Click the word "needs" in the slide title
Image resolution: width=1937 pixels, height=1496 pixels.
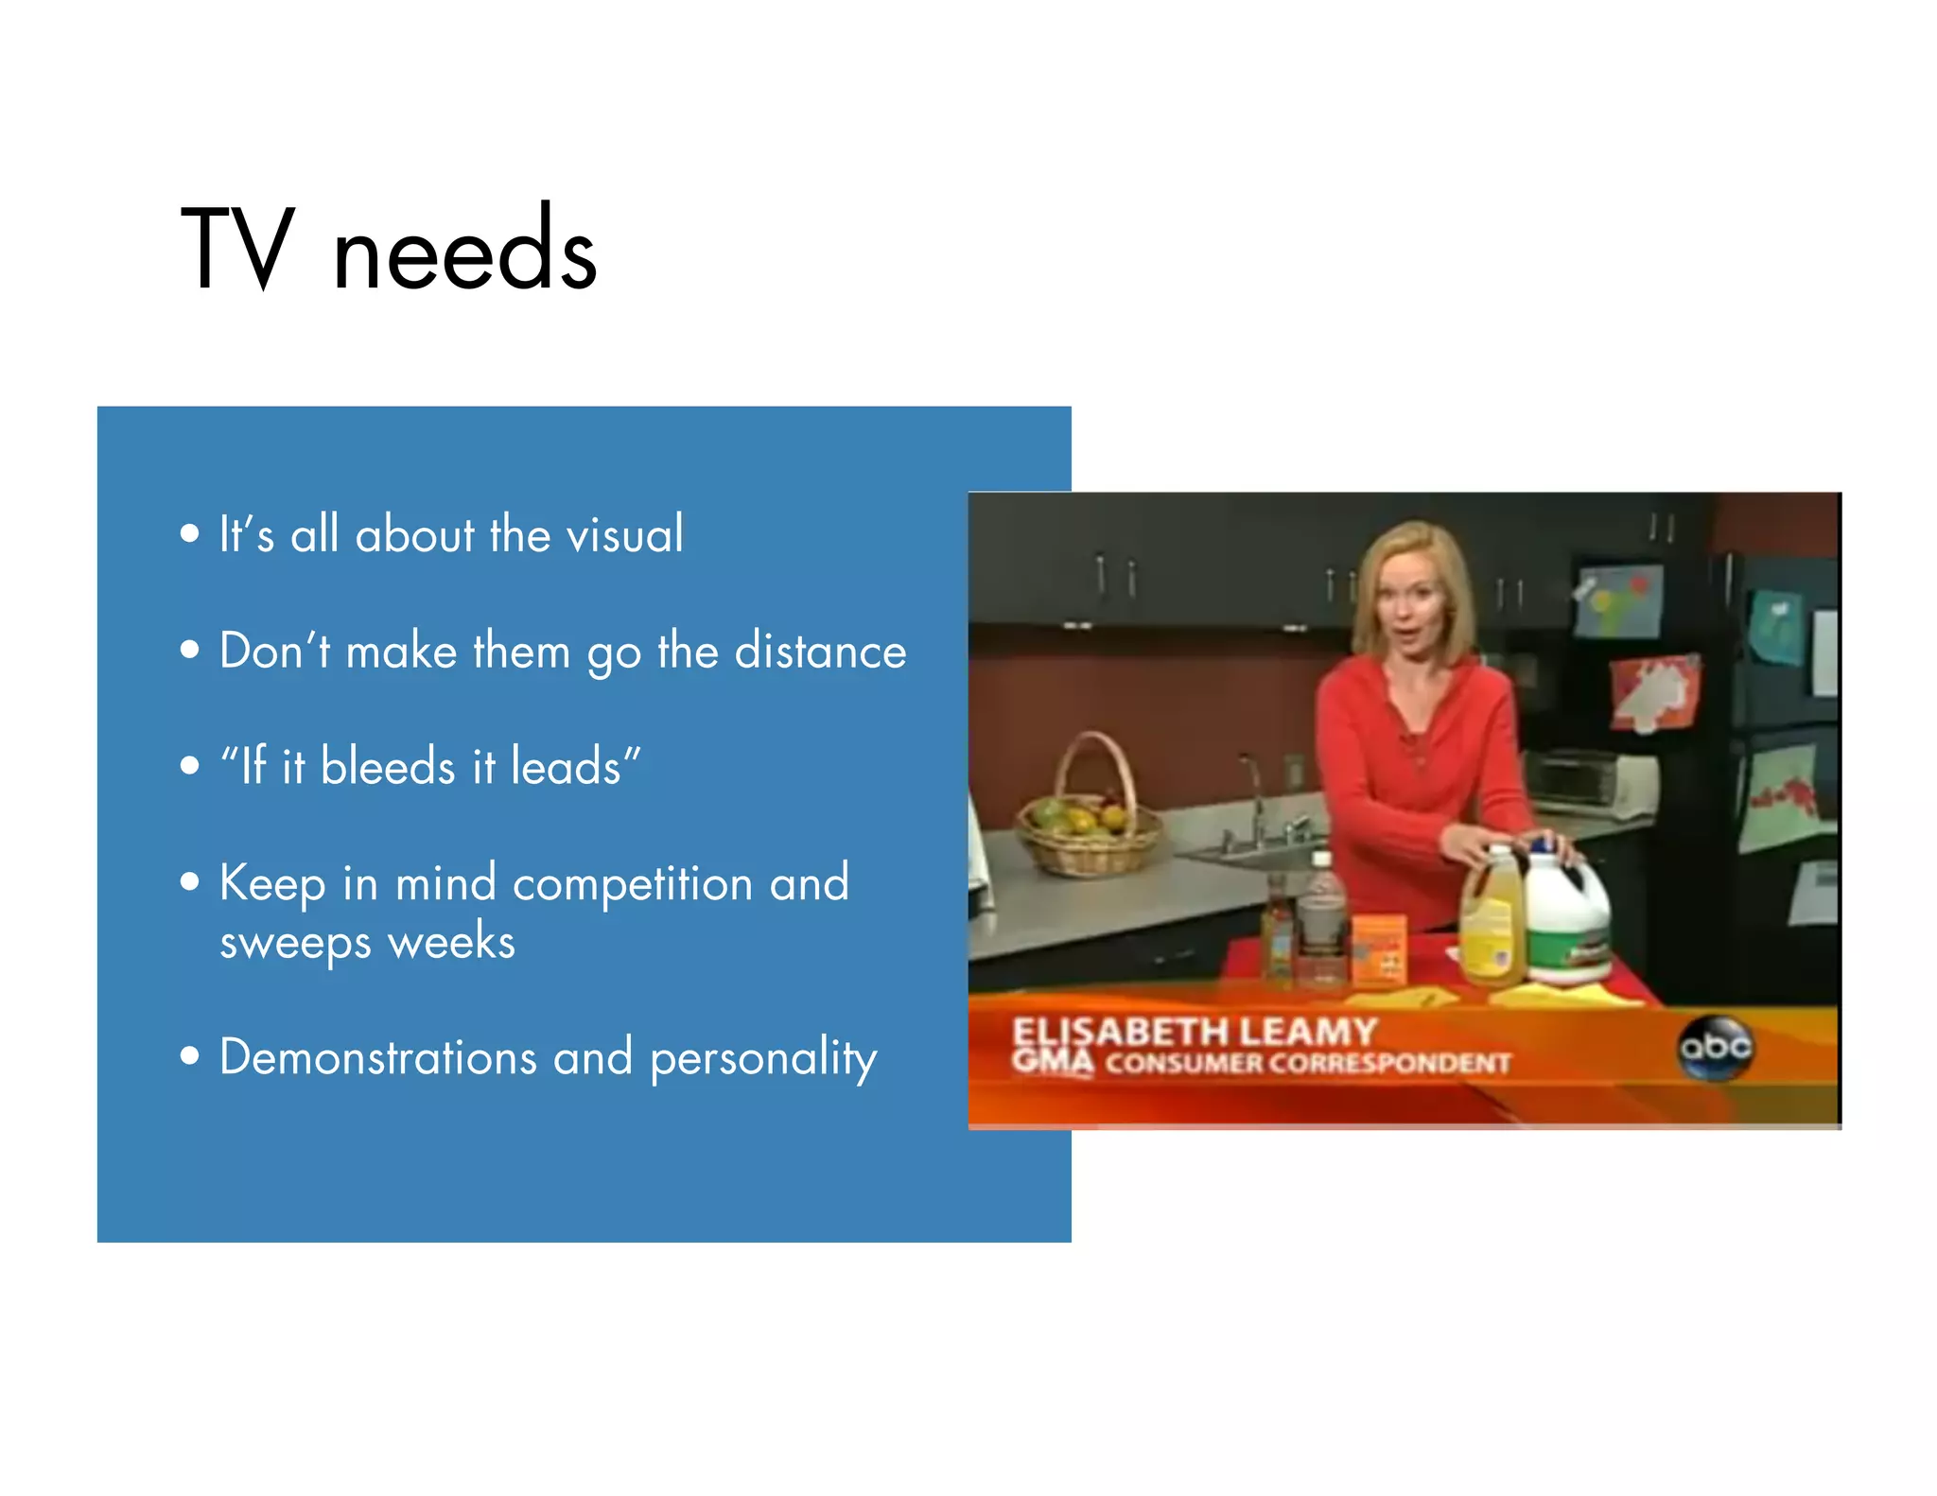(464, 252)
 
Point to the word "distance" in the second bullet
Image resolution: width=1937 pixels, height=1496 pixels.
(820, 652)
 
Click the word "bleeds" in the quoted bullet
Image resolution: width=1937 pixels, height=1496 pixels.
(388, 766)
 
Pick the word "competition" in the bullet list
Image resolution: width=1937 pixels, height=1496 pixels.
(633, 883)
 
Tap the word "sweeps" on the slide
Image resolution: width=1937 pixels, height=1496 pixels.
(295, 943)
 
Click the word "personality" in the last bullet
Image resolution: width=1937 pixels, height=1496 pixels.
(763, 1058)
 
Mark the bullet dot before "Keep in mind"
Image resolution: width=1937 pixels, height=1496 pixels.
(190, 882)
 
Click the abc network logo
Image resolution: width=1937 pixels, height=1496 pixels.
(1715, 1047)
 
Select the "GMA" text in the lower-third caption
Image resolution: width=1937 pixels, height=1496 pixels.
(1052, 1061)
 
